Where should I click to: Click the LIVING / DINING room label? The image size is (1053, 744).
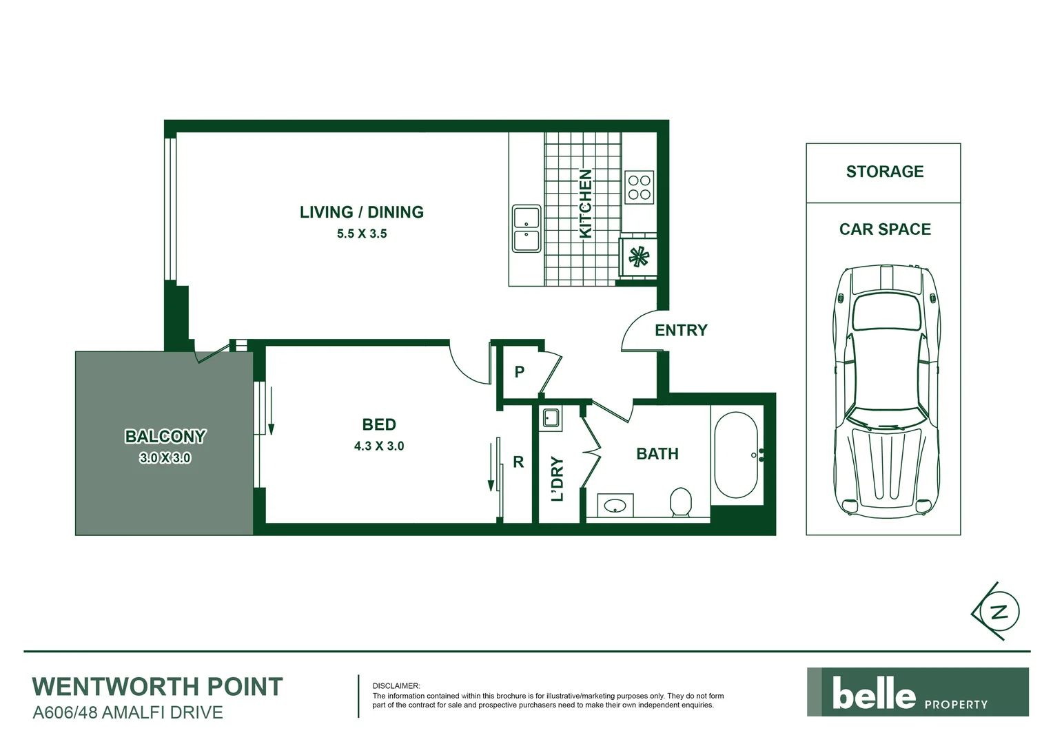361,212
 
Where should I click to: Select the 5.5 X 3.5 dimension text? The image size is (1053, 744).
361,234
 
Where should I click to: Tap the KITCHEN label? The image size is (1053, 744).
585,204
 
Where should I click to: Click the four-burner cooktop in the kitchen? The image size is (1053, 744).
639,187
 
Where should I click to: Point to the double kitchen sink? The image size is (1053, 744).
526,228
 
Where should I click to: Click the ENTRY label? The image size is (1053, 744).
681,331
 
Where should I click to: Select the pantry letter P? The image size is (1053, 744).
520,372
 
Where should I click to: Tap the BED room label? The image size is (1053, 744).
379,424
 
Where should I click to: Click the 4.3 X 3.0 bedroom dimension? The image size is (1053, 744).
379,446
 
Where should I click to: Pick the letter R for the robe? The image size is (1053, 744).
518,462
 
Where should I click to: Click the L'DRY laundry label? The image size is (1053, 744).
558,479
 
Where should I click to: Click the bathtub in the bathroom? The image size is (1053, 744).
735,455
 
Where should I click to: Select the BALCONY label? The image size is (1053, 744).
165,437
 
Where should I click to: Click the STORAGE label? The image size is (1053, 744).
884,172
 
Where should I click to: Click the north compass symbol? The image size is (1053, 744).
997,611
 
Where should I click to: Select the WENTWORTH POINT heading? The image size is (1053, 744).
158,687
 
